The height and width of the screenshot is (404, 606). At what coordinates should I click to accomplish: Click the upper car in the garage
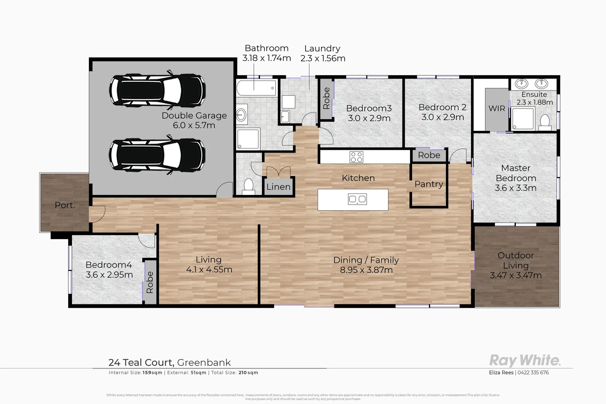[157, 90]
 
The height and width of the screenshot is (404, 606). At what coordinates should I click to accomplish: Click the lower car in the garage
[157, 154]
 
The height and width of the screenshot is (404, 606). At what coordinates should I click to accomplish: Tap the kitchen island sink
[357, 199]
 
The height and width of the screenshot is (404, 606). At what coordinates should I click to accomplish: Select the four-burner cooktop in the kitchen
[356, 157]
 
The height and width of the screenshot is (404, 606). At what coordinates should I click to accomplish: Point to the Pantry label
[428, 184]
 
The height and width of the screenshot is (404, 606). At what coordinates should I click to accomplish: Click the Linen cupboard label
[278, 187]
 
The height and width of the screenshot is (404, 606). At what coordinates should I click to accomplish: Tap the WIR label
[497, 108]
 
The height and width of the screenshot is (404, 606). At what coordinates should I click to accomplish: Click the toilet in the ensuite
[545, 122]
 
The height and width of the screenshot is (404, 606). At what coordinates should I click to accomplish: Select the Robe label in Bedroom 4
[149, 282]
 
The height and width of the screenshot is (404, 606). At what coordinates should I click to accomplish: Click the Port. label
[65, 205]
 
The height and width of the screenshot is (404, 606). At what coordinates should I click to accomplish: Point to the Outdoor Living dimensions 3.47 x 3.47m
[516, 276]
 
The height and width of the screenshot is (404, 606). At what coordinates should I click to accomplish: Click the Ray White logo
[525, 360]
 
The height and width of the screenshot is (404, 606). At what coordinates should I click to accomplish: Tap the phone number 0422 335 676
[533, 372]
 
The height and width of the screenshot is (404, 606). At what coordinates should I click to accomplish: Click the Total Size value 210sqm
[248, 373]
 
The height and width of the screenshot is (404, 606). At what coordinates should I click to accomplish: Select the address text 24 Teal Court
[141, 362]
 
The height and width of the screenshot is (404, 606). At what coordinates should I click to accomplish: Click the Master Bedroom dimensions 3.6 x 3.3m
[515, 188]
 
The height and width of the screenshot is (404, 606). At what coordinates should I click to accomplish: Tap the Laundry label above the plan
[322, 48]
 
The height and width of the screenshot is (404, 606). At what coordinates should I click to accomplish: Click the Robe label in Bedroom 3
[326, 98]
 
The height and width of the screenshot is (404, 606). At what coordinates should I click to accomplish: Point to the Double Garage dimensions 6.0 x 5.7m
[194, 125]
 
